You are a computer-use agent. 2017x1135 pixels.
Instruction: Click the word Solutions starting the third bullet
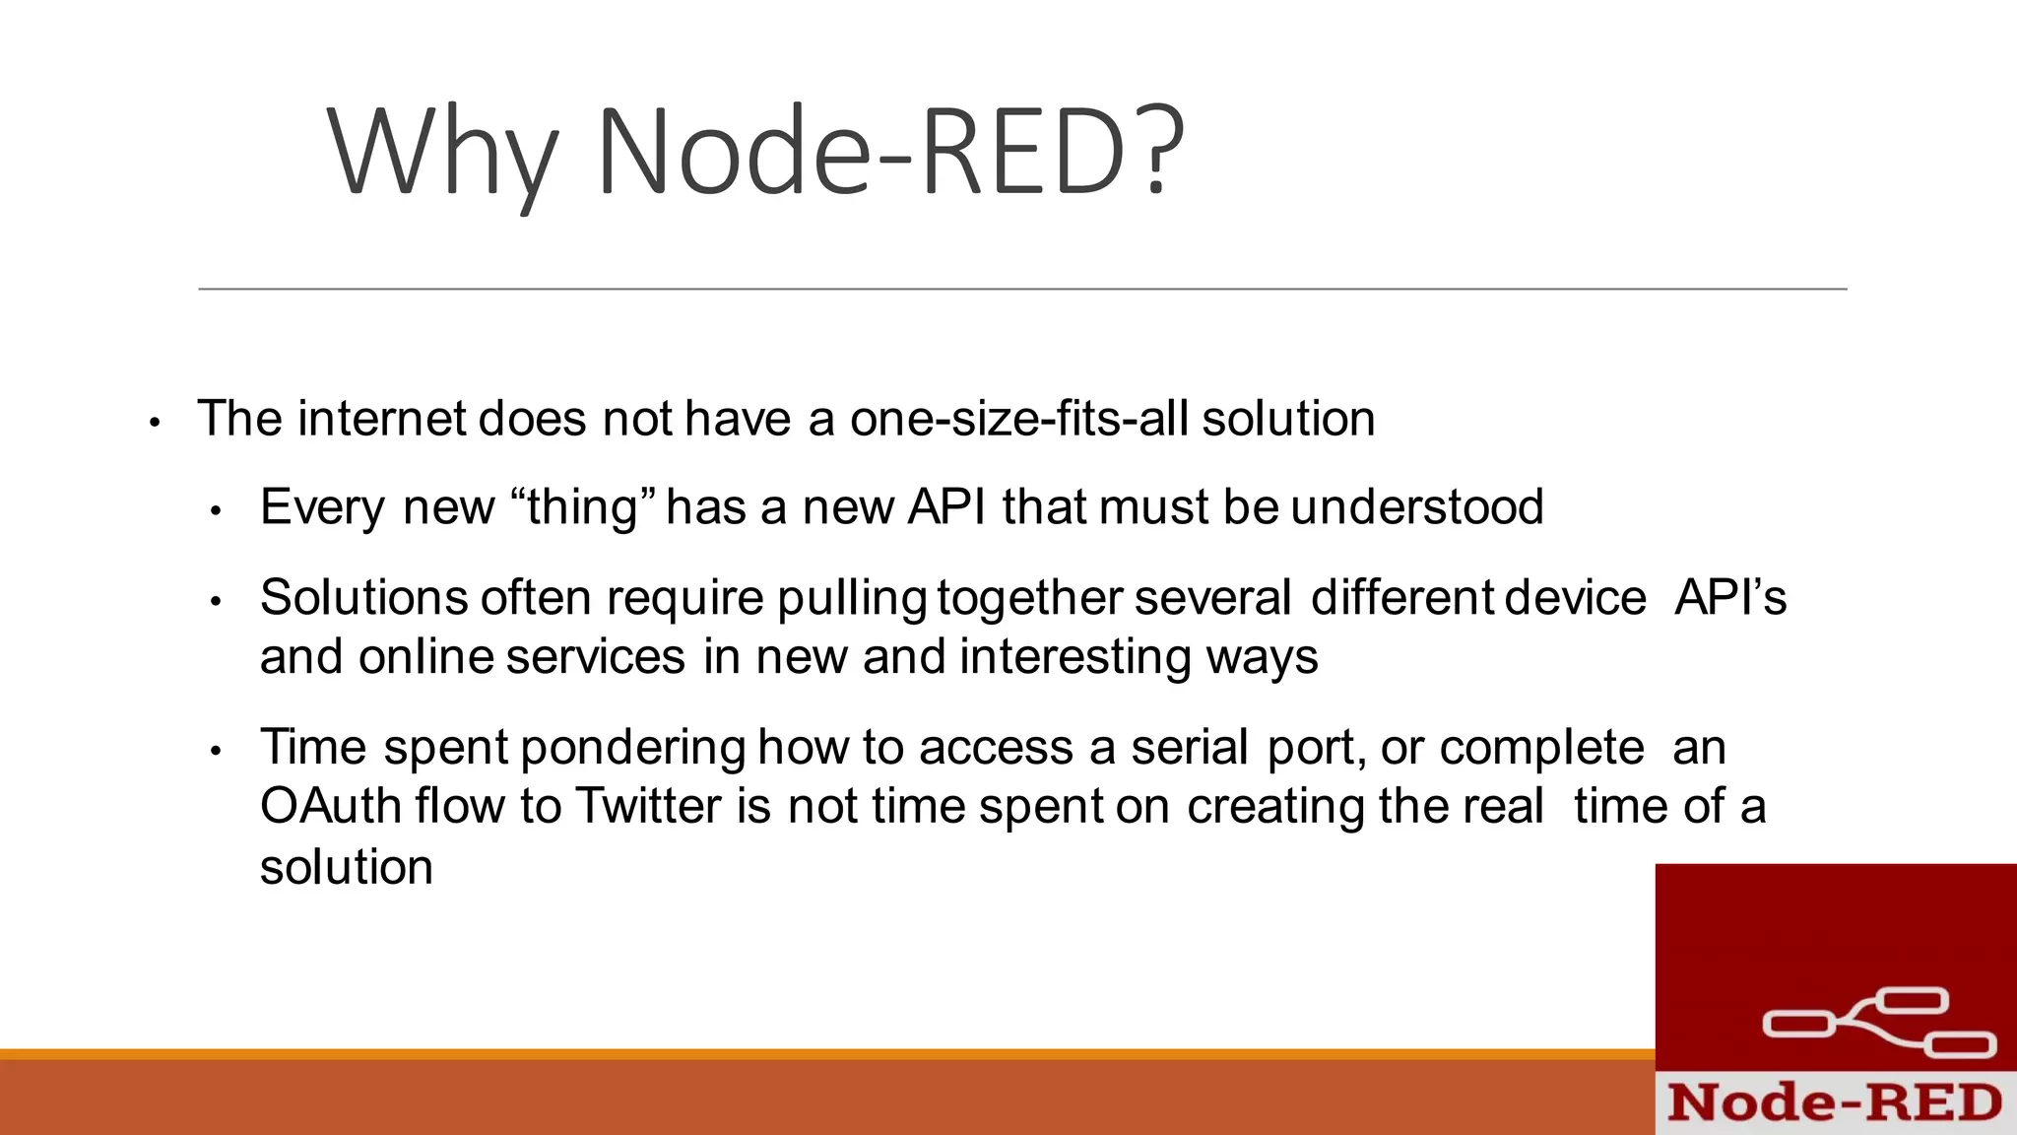363,598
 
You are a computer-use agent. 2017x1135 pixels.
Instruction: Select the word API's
1730,598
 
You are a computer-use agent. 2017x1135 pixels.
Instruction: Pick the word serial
1190,747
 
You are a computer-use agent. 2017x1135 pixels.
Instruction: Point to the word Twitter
648,806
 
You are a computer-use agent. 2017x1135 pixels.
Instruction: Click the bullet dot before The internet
154,423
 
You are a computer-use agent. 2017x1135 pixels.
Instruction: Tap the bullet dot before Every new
217,511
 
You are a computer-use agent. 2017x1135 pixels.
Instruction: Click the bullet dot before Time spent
217,751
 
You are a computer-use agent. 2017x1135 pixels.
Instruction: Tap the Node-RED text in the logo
1835,1102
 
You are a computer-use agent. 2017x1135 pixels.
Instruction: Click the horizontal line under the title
1022,289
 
